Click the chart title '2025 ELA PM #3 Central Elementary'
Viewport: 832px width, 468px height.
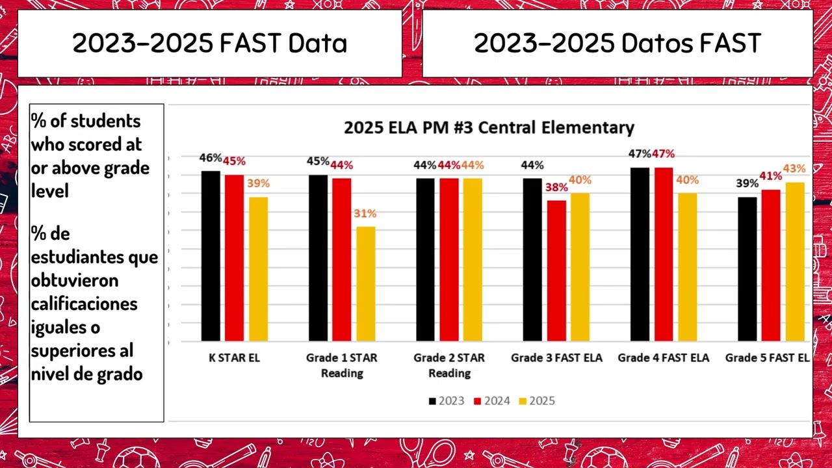489,127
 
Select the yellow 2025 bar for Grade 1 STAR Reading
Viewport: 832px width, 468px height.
365,283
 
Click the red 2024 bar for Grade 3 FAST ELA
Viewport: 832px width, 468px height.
556,270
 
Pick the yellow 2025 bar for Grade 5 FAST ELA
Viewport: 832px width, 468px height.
794,261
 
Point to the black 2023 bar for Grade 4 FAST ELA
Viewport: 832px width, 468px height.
640,254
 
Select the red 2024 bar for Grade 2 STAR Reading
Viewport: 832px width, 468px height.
449,259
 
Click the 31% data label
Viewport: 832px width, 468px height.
365,214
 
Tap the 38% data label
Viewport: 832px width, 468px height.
556,187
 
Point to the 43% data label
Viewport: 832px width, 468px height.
794,169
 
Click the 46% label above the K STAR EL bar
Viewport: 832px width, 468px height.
210,158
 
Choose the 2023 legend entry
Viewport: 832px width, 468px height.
447,401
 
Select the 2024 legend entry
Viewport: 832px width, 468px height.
492,401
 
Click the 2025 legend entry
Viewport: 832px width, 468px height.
537,401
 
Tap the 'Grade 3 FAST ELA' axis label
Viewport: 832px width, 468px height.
556,358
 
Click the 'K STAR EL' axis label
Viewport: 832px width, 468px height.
234,358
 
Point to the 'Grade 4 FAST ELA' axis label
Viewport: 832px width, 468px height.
663,358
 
